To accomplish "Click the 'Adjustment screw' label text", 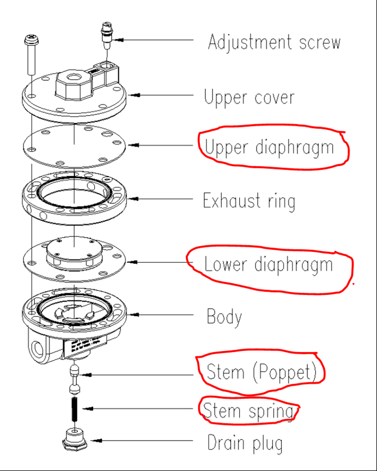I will point(273,42).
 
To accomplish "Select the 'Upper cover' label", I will point(249,97).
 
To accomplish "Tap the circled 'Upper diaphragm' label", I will point(269,147).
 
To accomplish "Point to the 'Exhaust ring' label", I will point(249,201).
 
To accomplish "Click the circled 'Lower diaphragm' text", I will point(268,265).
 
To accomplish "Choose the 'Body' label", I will point(224,317).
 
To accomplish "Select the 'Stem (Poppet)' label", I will point(261,372).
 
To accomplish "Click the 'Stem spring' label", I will point(248,410).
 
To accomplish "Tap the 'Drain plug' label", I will point(245,443).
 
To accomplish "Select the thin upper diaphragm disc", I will point(74,145).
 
